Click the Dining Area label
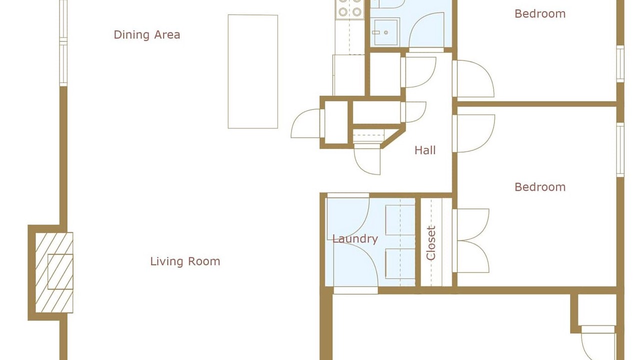click(x=147, y=35)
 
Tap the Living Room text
click(x=185, y=261)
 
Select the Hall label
click(x=425, y=150)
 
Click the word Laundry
click(x=355, y=239)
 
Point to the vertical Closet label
click(x=431, y=243)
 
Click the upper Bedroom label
click(x=540, y=13)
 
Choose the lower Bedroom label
click(x=540, y=187)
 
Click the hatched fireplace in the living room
click(x=54, y=272)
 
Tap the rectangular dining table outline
click(x=253, y=71)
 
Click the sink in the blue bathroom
click(x=384, y=32)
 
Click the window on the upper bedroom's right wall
click(x=620, y=63)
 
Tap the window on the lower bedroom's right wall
click(x=620, y=149)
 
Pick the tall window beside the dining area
click(x=63, y=43)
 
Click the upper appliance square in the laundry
click(x=400, y=219)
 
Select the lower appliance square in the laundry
click(x=400, y=263)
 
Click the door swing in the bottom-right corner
click(x=598, y=343)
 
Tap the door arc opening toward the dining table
click(x=305, y=123)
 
